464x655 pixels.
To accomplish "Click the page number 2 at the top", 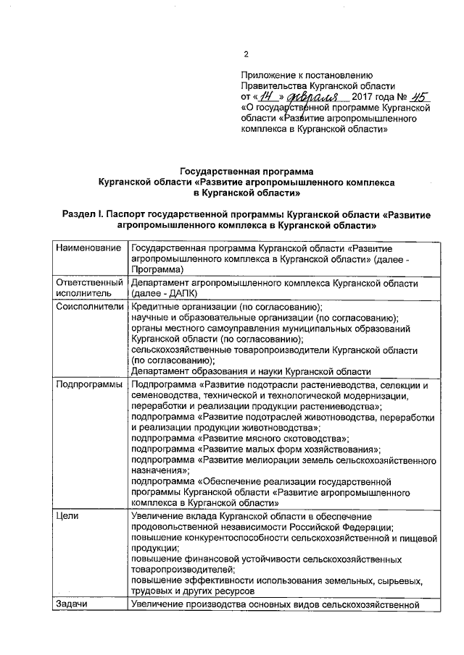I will click(246, 54).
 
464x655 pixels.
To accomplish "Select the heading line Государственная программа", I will click(246, 172).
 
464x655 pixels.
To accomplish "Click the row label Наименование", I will click(88, 248).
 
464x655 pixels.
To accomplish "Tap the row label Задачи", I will click(72, 604).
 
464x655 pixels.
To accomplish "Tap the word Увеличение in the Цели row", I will click(157, 516).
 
